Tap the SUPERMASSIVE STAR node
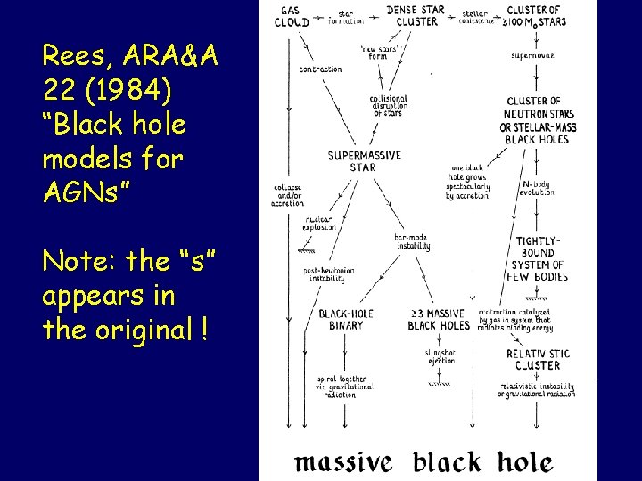(363, 161)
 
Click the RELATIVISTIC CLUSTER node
(537, 359)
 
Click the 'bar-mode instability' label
(413, 241)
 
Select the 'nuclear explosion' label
(318, 223)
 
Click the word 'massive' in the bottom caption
(343, 461)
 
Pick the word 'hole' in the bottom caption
(524, 461)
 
